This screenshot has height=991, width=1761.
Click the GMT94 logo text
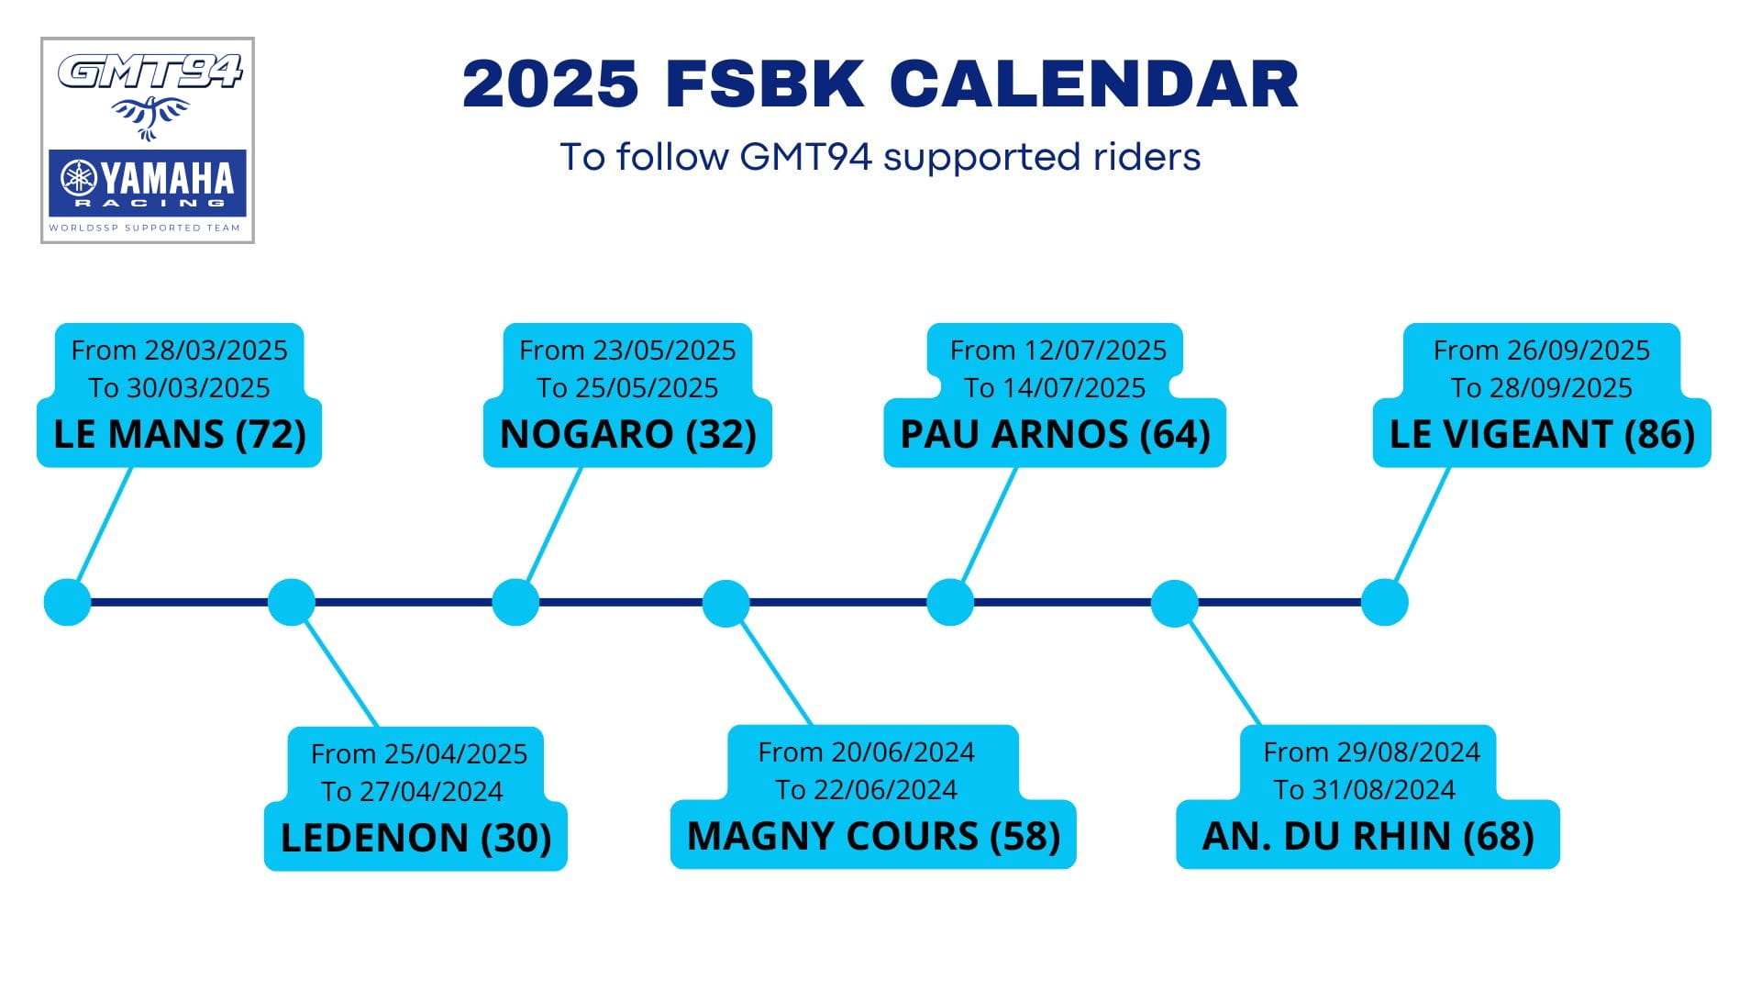(150, 72)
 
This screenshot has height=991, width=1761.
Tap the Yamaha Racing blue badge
(148, 183)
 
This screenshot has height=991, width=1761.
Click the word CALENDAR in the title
(1093, 84)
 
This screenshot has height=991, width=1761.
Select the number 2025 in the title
(550, 84)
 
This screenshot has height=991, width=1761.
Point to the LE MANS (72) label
(180, 434)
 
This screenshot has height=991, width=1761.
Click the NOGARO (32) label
(628, 434)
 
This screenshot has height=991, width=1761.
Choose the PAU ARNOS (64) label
(1055, 434)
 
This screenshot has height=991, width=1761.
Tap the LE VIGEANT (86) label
(1542, 434)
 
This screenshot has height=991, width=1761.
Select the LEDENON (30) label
(415, 838)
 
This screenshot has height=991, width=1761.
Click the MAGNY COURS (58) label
(873, 836)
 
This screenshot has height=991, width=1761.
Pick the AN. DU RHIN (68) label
(1368, 836)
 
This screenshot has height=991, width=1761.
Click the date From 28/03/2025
(180, 351)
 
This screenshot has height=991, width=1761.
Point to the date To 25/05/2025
(627, 388)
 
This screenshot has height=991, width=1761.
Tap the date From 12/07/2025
(1058, 351)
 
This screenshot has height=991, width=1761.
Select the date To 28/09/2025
(1542, 388)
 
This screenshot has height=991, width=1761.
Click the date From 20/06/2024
(867, 752)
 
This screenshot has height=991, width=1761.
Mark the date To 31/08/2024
(1365, 790)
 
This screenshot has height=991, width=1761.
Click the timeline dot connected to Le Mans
(68, 603)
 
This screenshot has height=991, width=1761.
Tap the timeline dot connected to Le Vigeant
(1384, 603)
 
